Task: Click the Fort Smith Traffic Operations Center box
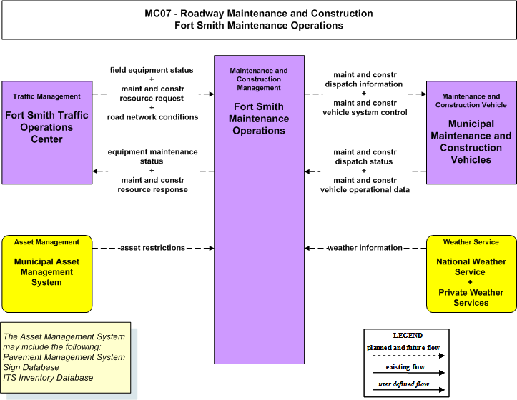pos(46,132)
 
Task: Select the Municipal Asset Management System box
pos(46,274)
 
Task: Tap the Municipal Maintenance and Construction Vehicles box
pos(471,132)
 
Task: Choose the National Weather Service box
pos(471,274)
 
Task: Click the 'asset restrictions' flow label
pos(152,248)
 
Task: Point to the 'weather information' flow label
pos(365,248)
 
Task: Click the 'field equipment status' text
pos(152,70)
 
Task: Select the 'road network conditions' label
pos(152,117)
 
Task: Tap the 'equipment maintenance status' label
pos(152,156)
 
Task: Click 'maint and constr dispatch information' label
pos(364,79)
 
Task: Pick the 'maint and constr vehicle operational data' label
pos(365,185)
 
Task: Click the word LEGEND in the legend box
pos(408,336)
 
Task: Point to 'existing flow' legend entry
pos(405,367)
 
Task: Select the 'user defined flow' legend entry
pos(404,384)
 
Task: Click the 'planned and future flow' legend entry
pos(403,348)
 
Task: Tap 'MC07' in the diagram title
pos(158,14)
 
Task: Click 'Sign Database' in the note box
pos(31,367)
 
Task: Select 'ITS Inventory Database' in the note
pos(48,378)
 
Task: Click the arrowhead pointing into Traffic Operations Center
pos(95,171)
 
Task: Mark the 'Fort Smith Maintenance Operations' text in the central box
pos(259,119)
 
